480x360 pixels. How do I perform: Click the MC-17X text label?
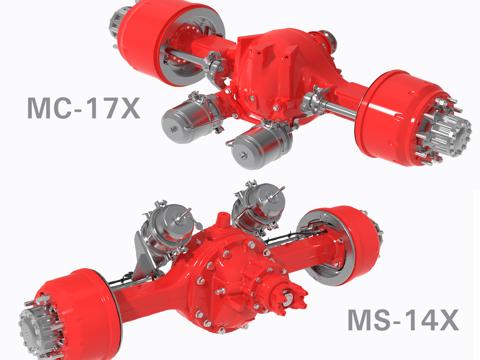tap(83, 108)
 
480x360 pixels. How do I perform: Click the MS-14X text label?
tap(403, 320)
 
